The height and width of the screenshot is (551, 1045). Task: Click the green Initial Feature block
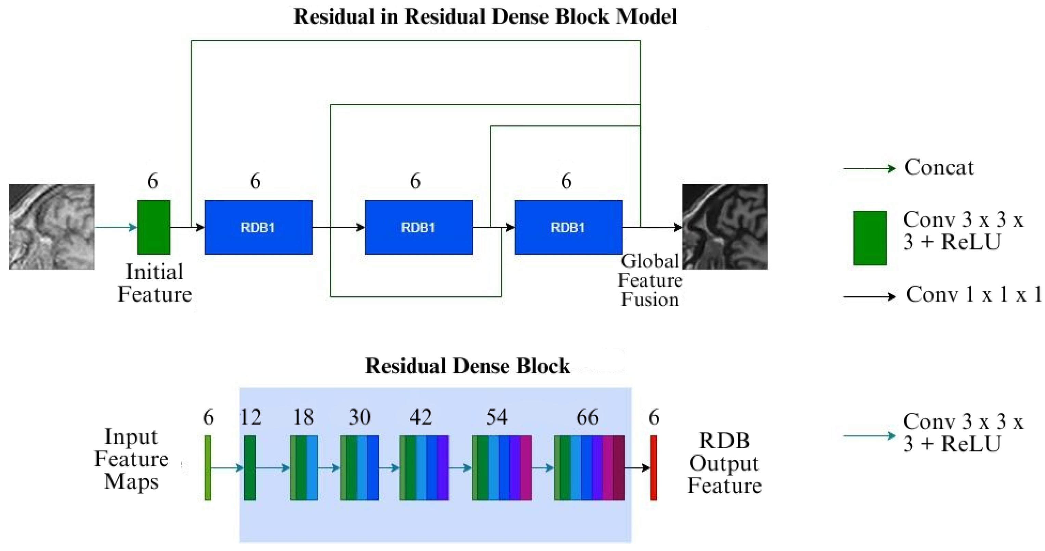coord(154,227)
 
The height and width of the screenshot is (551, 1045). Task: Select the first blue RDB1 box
coord(258,227)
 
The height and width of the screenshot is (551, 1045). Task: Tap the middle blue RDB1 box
coord(419,227)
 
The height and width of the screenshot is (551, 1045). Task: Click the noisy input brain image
coord(52,227)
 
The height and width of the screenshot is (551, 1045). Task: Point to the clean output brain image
coord(725,227)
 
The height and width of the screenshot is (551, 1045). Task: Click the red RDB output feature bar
coord(653,468)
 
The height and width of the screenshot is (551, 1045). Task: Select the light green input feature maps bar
coord(208,468)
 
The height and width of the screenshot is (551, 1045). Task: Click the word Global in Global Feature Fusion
coord(650,261)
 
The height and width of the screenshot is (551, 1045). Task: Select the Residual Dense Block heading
coord(467,366)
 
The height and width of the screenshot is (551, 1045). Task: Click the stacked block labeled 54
coord(501,468)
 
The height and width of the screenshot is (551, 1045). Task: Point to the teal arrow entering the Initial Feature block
coord(116,227)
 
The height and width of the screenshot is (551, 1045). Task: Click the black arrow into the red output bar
coord(637,468)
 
